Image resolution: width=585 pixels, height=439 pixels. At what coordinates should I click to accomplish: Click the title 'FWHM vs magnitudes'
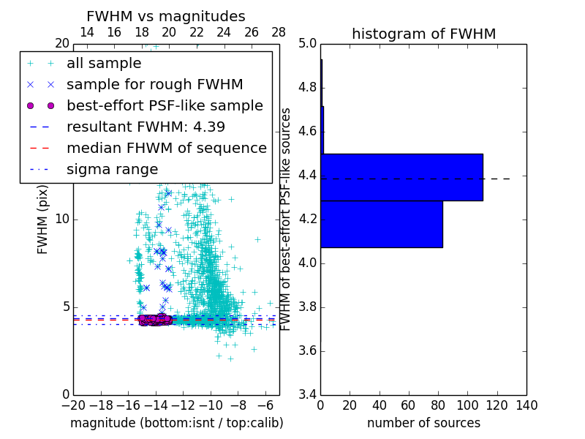165,16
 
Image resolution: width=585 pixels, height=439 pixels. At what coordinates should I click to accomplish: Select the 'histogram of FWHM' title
423,34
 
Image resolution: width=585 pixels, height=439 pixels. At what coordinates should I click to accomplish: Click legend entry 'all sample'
104,64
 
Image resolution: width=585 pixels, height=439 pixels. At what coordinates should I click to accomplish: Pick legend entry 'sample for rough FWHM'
154,84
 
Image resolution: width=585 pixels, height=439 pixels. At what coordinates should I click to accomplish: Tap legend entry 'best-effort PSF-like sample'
165,105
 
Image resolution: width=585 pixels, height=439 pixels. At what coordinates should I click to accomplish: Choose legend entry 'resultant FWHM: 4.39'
146,127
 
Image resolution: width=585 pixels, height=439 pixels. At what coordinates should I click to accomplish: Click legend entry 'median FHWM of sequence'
166,148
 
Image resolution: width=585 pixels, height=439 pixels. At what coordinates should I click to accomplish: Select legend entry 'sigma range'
112,169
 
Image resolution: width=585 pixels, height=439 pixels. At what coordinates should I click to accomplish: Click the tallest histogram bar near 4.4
401,177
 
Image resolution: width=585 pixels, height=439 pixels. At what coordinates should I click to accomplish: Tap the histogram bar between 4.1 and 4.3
381,224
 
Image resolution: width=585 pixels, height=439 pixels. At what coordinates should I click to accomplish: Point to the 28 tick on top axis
279,32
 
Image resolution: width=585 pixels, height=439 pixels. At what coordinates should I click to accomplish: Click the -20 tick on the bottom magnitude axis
73,405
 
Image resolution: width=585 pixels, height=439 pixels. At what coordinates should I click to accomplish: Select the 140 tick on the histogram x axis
526,405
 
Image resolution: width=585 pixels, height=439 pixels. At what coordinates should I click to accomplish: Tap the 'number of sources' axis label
423,423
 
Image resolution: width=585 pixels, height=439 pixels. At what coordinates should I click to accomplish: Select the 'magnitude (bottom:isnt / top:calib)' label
176,423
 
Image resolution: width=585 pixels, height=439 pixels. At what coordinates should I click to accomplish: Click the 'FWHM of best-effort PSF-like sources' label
287,219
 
